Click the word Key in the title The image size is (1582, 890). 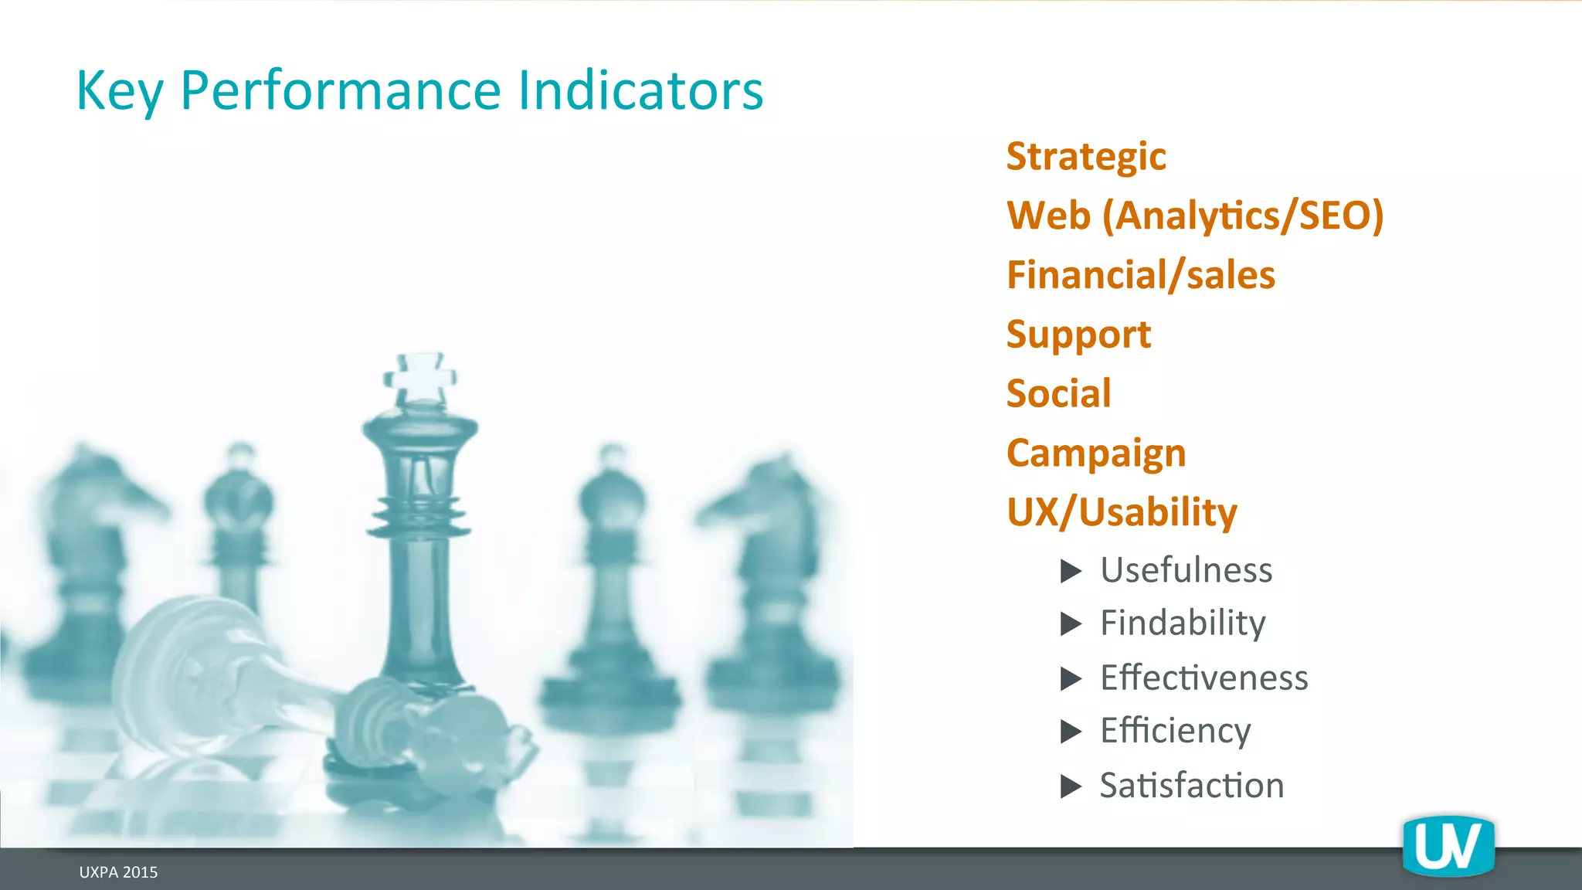[119, 91]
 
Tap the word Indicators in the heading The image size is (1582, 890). [640, 91]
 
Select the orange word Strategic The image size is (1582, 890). [1086, 157]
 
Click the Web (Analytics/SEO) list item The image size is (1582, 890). [1195, 216]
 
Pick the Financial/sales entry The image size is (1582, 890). [1141, 275]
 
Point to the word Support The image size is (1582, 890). [1078, 335]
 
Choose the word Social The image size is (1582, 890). [1058, 394]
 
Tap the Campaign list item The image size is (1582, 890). [1096, 453]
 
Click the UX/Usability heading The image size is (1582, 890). [1122, 512]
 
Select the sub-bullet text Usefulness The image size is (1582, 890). [1186, 570]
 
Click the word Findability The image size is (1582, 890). [1183, 623]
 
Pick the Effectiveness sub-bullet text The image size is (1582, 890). [1203, 678]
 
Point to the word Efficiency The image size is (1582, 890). [1175, 731]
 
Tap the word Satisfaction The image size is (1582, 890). [1191, 786]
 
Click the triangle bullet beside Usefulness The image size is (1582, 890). [1071, 571]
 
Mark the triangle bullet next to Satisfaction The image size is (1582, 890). [1071, 786]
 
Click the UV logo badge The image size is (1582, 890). [1448, 847]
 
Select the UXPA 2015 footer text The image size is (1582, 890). [118, 872]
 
